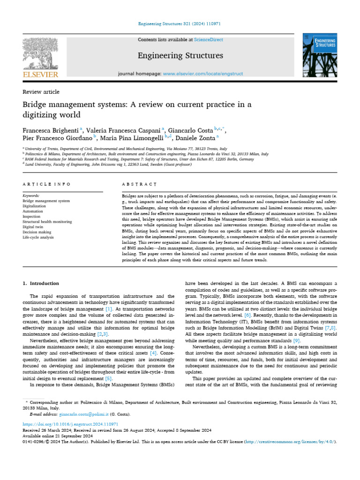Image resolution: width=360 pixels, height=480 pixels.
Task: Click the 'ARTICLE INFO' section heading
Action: pos(41,184)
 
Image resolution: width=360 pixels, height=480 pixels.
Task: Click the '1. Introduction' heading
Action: pos(41,284)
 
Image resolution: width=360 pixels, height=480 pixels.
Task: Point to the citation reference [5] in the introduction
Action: pos(108,378)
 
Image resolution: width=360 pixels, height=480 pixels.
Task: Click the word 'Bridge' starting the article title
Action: pos(35,104)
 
